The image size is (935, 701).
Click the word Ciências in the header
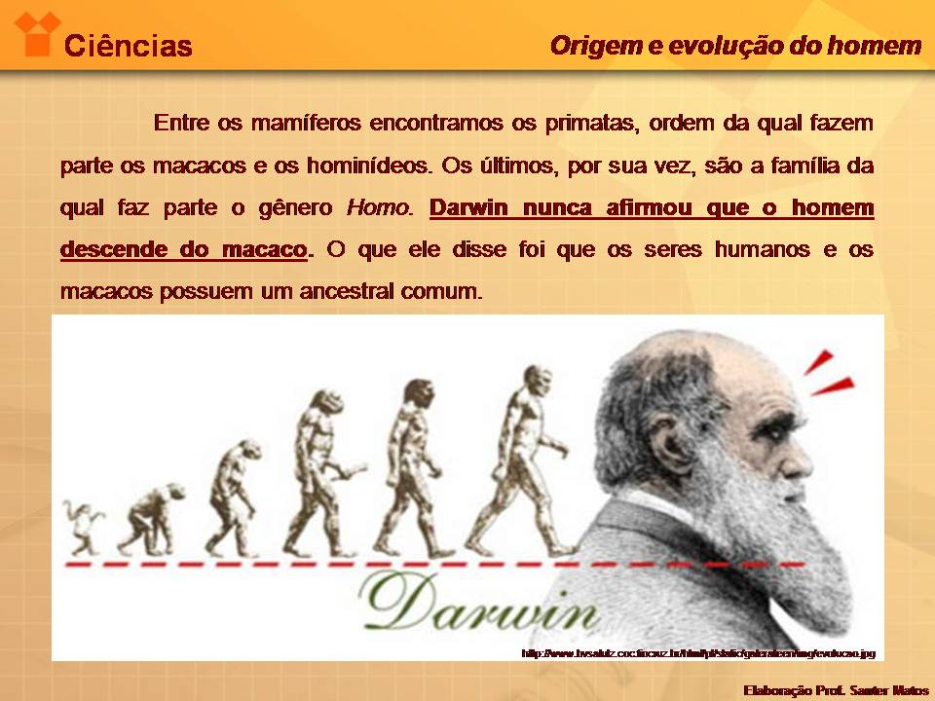pyautogui.click(x=128, y=46)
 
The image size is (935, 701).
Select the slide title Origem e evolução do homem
pyautogui.click(x=735, y=46)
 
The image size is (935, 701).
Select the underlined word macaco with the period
pyautogui.click(x=262, y=249)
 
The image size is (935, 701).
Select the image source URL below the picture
pyautogui.click(x=699, y=653)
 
